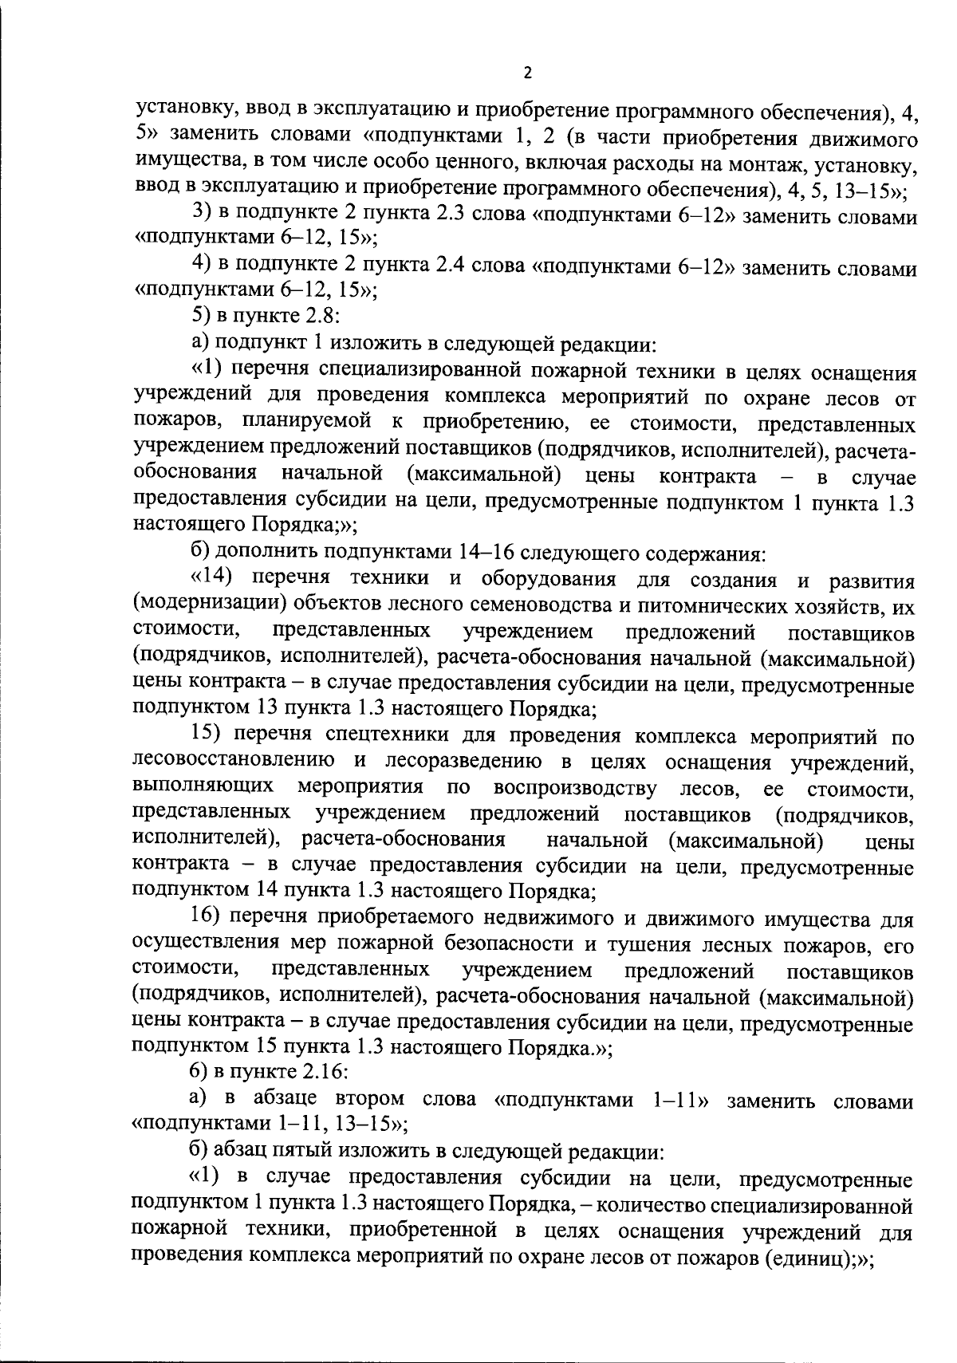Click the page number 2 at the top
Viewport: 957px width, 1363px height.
(527, 73)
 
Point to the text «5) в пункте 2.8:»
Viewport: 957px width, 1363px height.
(267, 317)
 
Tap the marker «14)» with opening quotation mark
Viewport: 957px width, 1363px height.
(214, 577)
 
